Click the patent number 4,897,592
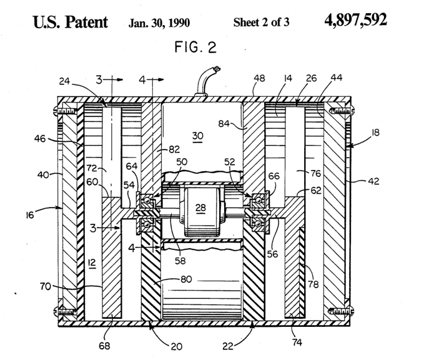(355, 20)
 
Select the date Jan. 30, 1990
(159, 22)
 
